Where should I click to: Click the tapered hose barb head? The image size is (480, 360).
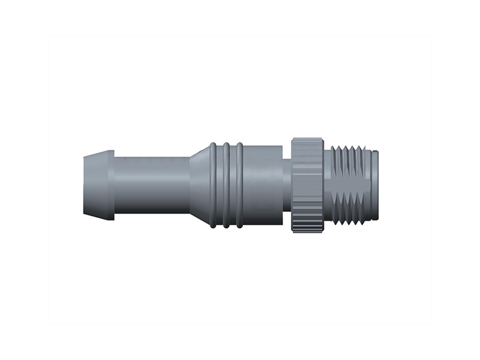(x=99, y=185)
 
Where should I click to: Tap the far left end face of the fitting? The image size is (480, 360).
(x=84, y=185)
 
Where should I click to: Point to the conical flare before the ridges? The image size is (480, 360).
(x=199, y=185)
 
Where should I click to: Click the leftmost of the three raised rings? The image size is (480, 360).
(x=213, y=185)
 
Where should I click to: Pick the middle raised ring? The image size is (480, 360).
(x=226, y=185)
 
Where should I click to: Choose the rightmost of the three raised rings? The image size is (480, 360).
(x=239, y=185)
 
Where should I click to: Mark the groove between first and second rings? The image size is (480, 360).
(x=220, y=185)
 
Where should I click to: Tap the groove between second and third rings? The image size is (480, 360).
(x=233, y=185)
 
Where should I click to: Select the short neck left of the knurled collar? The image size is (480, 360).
(x=287, y=185)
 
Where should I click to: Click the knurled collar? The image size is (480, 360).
(x=307, y=185)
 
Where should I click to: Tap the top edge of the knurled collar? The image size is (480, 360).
(x=307, y=140)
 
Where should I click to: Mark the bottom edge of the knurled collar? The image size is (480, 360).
(x=307, y=230)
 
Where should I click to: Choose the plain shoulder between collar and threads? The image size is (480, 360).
(x=328, y=185)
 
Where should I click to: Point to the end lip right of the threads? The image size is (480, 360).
(x=374, y=185)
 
